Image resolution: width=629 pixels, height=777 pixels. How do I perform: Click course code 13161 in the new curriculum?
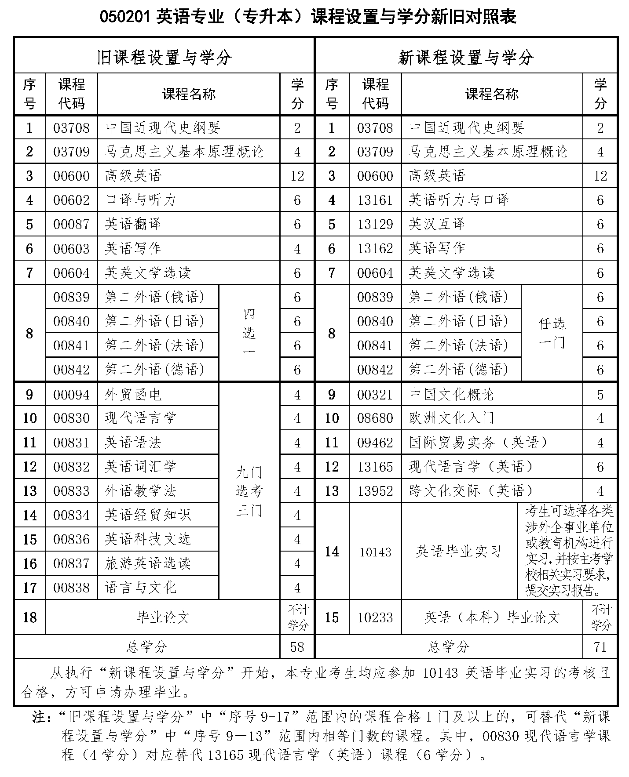pos(375,200)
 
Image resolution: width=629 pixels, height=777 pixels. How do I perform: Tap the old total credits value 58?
pos(297,646)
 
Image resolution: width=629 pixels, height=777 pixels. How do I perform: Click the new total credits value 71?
pos(600,646)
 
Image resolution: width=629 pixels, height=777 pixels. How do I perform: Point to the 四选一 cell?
pos(249,333)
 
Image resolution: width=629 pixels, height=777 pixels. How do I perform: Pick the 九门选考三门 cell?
pos(249,491)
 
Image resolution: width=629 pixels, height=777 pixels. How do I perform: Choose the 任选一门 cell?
pos(552,333)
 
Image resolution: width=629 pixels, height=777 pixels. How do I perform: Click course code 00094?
pos(71,395)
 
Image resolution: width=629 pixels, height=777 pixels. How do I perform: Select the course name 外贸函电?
pos(133,395)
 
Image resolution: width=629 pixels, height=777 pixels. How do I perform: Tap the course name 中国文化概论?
pos(452,395)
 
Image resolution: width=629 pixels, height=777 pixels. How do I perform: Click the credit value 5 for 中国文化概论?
pos(600,395)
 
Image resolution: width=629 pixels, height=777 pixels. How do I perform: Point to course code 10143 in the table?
pos(375,552)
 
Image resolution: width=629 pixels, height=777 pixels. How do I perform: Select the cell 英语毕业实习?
pos(459,552)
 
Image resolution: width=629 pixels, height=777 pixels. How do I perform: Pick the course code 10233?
pos(375,617)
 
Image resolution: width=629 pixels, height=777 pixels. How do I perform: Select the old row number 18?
pos(29,617)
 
